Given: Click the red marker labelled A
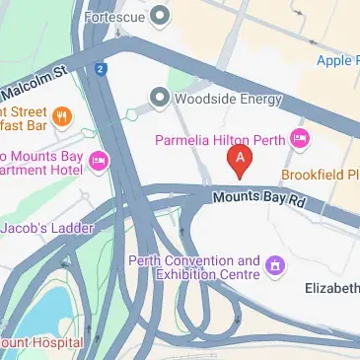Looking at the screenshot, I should coord(239,159).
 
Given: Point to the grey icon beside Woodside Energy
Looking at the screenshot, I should coord(159,97).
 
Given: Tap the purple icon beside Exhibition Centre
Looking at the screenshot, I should coord(274,264).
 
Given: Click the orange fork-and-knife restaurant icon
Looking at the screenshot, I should coord(62,118).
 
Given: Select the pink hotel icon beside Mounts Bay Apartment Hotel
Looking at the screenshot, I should coord(99,161).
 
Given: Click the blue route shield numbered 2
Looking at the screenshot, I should coord(101,68).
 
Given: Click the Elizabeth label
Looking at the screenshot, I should coord(331,286).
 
